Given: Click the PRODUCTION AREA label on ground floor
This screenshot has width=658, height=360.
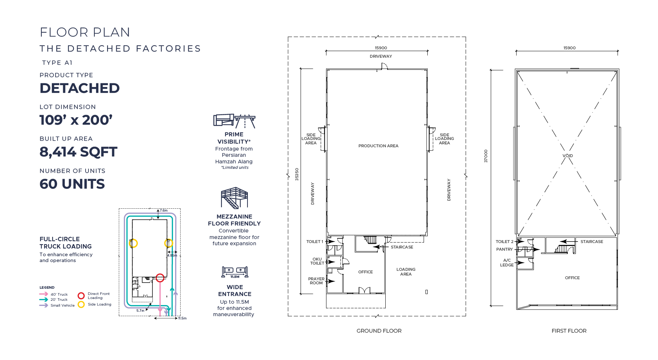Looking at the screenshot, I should click(x=378, y=146).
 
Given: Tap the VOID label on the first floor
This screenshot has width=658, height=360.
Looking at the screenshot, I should click(x=567, y=156).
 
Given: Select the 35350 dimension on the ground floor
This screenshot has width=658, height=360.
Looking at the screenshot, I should click(x=297, y=174).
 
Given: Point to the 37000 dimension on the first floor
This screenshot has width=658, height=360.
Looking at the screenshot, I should click(x=486, y=156).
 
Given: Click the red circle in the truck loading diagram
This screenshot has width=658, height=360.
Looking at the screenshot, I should click(x=160, y=278).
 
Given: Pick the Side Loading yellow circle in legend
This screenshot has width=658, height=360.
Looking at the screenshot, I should click(x=81, y=304).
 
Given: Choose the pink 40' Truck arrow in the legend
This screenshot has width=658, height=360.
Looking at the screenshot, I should click(x=44, y=294).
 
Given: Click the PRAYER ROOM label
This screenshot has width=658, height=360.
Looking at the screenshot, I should click(x=316, y=281).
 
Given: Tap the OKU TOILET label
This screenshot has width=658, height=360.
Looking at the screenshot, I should click(x=317, y=261).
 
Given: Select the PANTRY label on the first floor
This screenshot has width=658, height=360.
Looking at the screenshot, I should click(x=504, y=249).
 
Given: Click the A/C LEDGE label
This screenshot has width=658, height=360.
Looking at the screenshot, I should click(x=507, y=262).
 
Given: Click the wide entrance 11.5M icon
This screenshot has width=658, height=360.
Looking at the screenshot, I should click(x=235, y=272).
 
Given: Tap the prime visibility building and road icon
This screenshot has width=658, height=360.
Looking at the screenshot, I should click(x=234, y=121).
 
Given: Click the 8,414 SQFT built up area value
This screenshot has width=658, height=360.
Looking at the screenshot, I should click(x=78, y=152).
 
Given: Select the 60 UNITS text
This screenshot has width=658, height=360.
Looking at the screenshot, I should click(x=72, y=184).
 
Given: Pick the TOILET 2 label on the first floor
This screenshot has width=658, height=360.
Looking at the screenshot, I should click(x=504, y=242).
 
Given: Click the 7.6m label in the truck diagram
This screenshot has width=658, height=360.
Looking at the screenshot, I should click(x=163, y=211).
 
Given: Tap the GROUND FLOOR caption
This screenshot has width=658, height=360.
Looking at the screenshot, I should click(x=379, y=331).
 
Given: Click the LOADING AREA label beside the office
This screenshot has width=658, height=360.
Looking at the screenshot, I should click(x=406, y=272).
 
